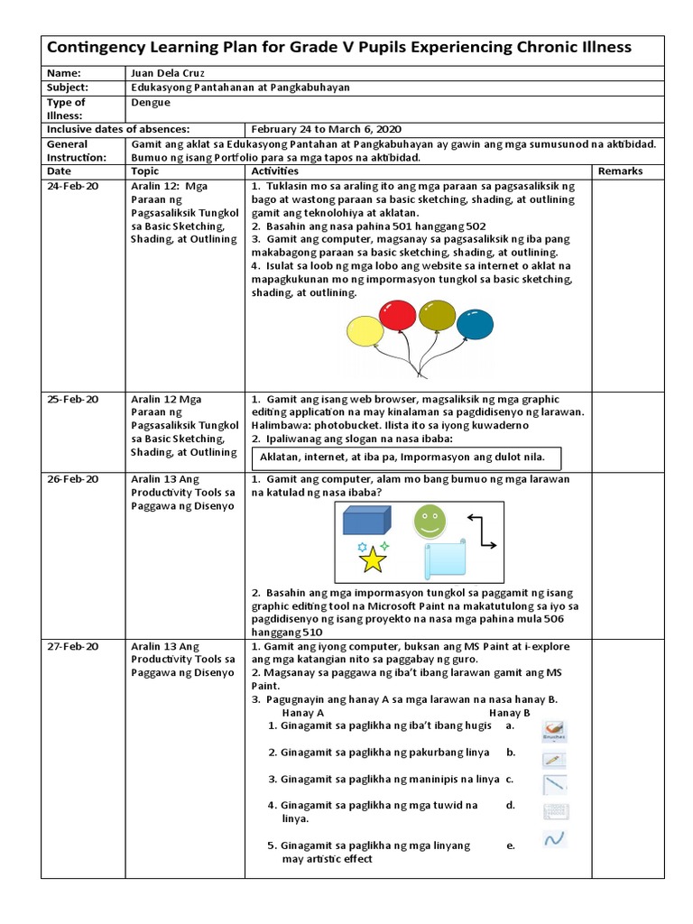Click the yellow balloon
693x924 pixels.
(365, 331)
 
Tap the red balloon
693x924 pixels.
(398, 314)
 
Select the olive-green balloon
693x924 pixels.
(438, 316)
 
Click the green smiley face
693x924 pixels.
(429, 521)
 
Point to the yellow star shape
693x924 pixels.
(372, 559)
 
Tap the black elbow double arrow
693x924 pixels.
(481, 531)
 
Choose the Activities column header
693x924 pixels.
(275, 171)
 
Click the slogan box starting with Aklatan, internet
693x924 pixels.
(406, 457)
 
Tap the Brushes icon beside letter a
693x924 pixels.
(554, 729)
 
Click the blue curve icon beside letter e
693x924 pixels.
(554, 838)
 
